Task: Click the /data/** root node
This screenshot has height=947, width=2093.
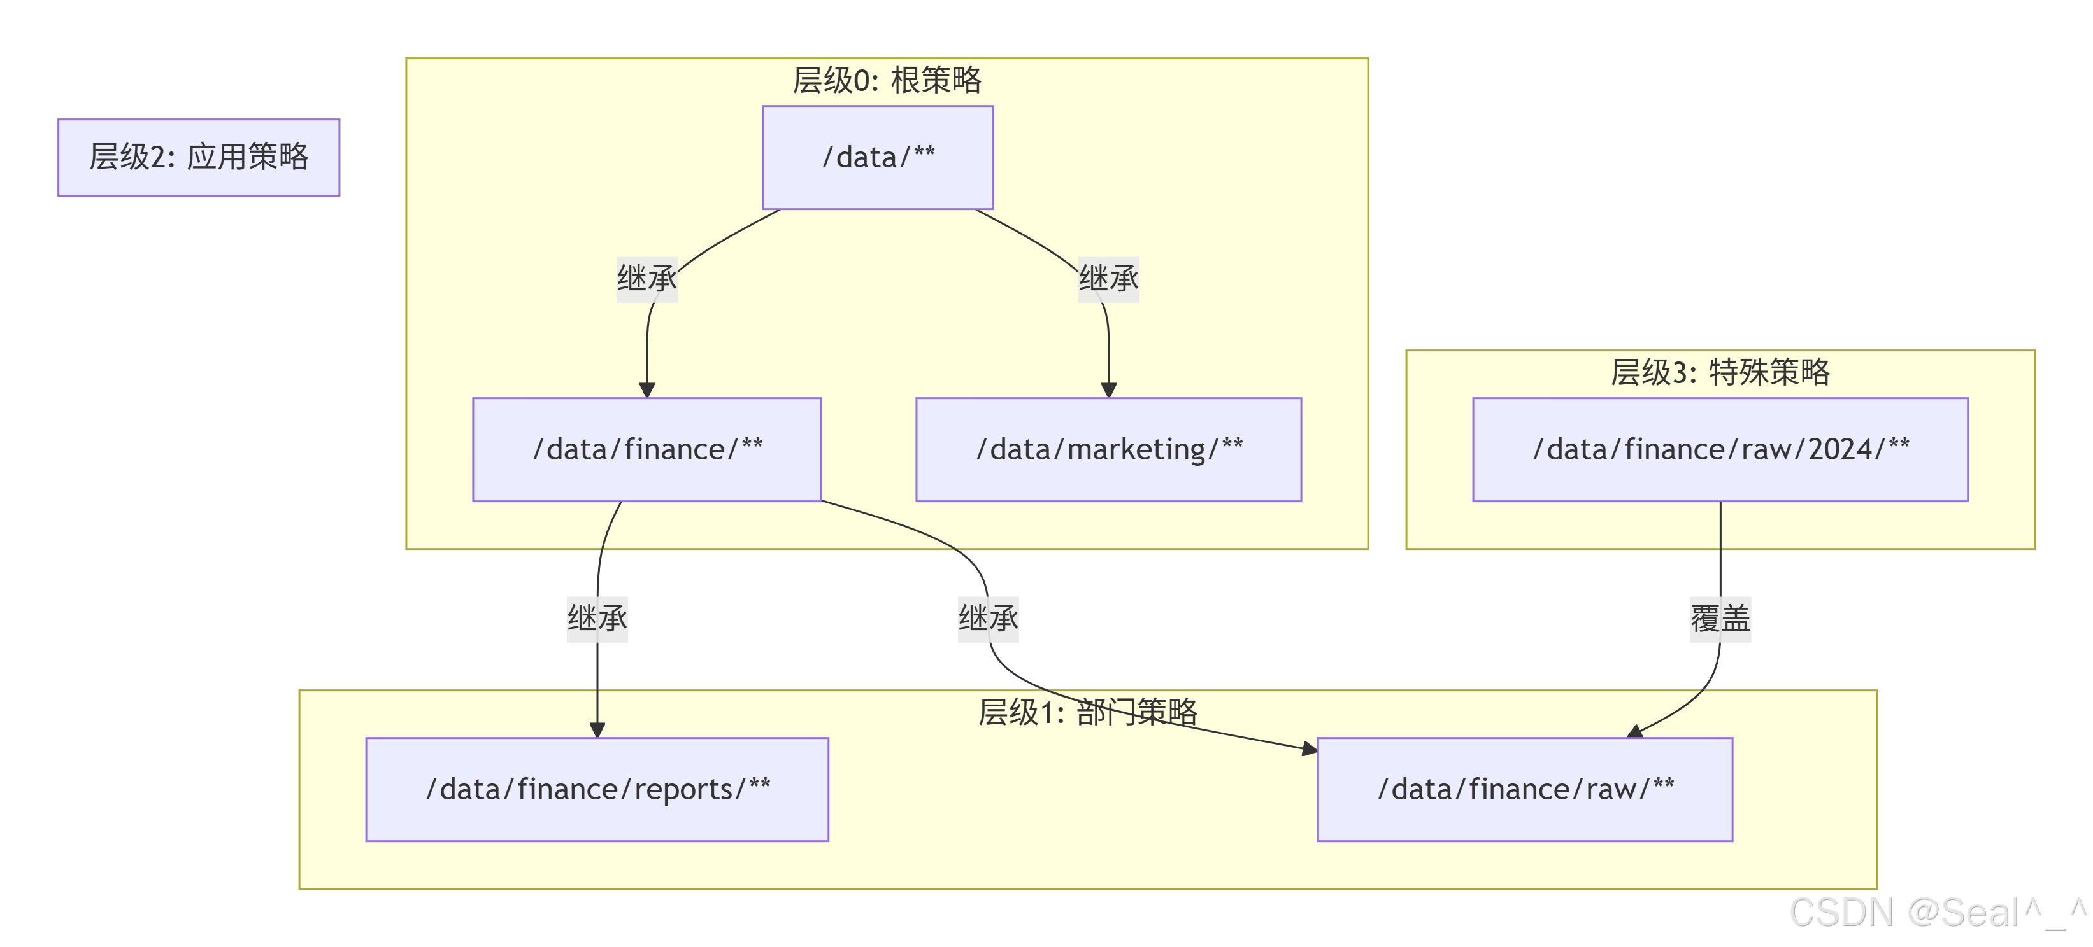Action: (878, 158)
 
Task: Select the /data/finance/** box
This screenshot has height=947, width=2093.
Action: (646, 449)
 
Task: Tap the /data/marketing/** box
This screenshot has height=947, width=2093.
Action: (1108, 449)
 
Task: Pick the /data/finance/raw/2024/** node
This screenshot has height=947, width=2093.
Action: (1720, 449)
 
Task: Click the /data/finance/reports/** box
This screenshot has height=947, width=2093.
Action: (597, 789)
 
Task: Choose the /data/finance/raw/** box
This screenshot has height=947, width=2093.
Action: (1524, 789)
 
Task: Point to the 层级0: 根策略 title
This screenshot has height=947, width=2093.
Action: (887, 80)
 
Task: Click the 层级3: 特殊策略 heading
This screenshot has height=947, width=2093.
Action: (1720, 372)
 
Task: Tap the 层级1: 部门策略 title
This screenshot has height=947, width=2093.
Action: (1087, 712)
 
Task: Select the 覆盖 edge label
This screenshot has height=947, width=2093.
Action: (1720, 619)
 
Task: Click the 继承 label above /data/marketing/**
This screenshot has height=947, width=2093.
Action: (1108, 279)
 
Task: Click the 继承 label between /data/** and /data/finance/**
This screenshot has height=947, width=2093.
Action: (646, 279)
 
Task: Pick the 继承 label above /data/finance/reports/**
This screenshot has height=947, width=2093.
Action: (597, 619)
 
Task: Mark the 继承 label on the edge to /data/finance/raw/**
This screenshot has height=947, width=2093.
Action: (988, 619)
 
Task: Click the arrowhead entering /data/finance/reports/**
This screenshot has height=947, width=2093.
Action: (597, 730)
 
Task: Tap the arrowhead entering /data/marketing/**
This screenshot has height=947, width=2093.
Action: (1108, 391)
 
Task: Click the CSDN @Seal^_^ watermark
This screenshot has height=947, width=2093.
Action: (1938, 912)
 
